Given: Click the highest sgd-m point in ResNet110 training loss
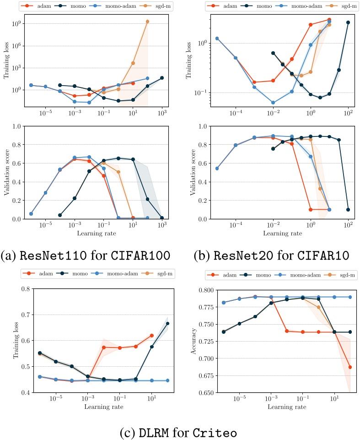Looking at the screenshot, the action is pyautogui.click(x=147, y=22).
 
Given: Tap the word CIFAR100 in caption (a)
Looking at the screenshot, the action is pyautogui.click(x=140, y=255).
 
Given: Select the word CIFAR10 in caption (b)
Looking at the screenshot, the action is pyautogui.click(x=323, y=255).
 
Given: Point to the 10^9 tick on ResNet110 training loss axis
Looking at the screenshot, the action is pyautogui.click(x=17, y=23).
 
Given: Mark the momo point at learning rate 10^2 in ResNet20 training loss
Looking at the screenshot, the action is pyautogui.click(x=348, y=22).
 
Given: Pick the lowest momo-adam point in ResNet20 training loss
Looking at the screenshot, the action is pyautogui.click(x=273, y=103).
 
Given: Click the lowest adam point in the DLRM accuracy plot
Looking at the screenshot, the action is pyautogui.click(x=350, y=367).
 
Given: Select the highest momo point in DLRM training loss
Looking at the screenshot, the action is pyautogui.click(x=168, y=324).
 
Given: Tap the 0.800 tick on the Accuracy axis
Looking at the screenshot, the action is pyautogui.click(x=206, y=290).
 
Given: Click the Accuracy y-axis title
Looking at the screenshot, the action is pyautogui.click(x=193, y=341).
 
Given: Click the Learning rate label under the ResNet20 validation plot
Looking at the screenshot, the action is pyautogui.click(x=283, y=233).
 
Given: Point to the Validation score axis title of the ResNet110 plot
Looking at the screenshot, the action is pyautogui.click(x=7, y=172).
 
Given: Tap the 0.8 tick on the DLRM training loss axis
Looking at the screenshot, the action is pyautogui.click(x=26, y=289).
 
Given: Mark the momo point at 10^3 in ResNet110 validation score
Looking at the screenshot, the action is pyautogui.click(x=162, y=218).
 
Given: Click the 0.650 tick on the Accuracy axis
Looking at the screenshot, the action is pyautogui.click(x=206, y=392).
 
